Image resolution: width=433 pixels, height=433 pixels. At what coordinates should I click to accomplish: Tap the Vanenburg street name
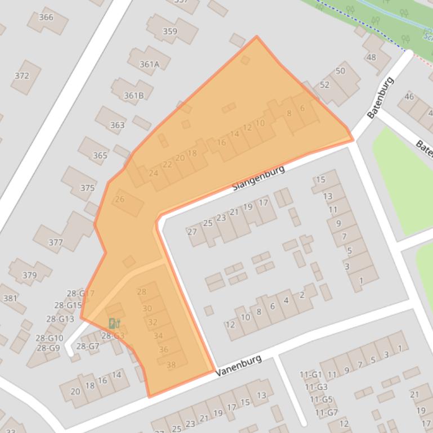[x=239, y=366]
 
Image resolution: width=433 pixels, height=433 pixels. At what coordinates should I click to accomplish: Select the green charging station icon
[x=114, y=323]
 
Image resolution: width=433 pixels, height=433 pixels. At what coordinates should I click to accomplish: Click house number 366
[x=46, y=17]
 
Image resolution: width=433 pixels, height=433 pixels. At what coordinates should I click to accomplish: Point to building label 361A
[x=149, y=64]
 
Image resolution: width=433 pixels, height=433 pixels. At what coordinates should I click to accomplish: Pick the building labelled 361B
[x=133, y=96]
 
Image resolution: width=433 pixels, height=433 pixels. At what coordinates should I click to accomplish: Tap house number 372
[x=22, y=76]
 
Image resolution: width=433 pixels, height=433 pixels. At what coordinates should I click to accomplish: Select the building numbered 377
[x=56, y=242]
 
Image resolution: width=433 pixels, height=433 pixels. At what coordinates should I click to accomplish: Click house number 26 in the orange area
[x=120, y=199]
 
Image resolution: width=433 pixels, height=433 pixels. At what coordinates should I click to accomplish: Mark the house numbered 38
[x=171, y=364]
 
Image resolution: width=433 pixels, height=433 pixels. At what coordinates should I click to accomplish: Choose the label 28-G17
[x=81, y=294]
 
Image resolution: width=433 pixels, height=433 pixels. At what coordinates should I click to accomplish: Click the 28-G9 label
[x=48, y=348]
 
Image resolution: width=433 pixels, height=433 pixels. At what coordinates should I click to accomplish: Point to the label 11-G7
[x=327, y=412]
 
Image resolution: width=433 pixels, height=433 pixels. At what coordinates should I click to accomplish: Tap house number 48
[x=371, y=57]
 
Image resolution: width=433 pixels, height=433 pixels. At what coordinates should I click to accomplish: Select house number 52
[x=324, y=84]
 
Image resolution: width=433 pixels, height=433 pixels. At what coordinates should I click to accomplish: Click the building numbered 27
[x=192, y=232]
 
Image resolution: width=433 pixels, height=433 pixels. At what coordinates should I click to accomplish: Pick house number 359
[x=170, y=31]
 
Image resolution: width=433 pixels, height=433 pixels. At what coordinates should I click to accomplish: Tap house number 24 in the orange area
[x=154, y=173]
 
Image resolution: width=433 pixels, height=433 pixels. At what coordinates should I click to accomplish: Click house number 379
[x=29, y=275]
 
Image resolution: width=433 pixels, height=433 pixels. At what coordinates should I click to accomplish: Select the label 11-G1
[x=310, y=375]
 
